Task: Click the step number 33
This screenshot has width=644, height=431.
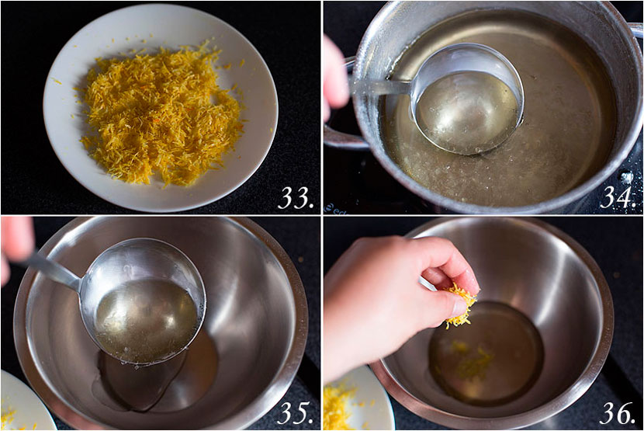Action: tap(296, 198)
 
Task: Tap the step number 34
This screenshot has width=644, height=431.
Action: tap(618, 198)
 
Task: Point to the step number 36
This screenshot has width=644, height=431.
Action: tap(618, 412)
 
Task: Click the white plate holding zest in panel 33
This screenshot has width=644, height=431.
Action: tap(161, 108)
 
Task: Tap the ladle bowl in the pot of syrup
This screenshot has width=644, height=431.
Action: tap(468, 99)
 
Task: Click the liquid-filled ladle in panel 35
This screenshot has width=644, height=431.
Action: tap(143, 302)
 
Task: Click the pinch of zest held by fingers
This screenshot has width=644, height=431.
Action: tap(461, 307)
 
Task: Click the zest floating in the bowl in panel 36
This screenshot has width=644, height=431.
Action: tap(473, 360)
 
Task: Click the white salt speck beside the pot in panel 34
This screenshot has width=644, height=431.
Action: tap(627, 178)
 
